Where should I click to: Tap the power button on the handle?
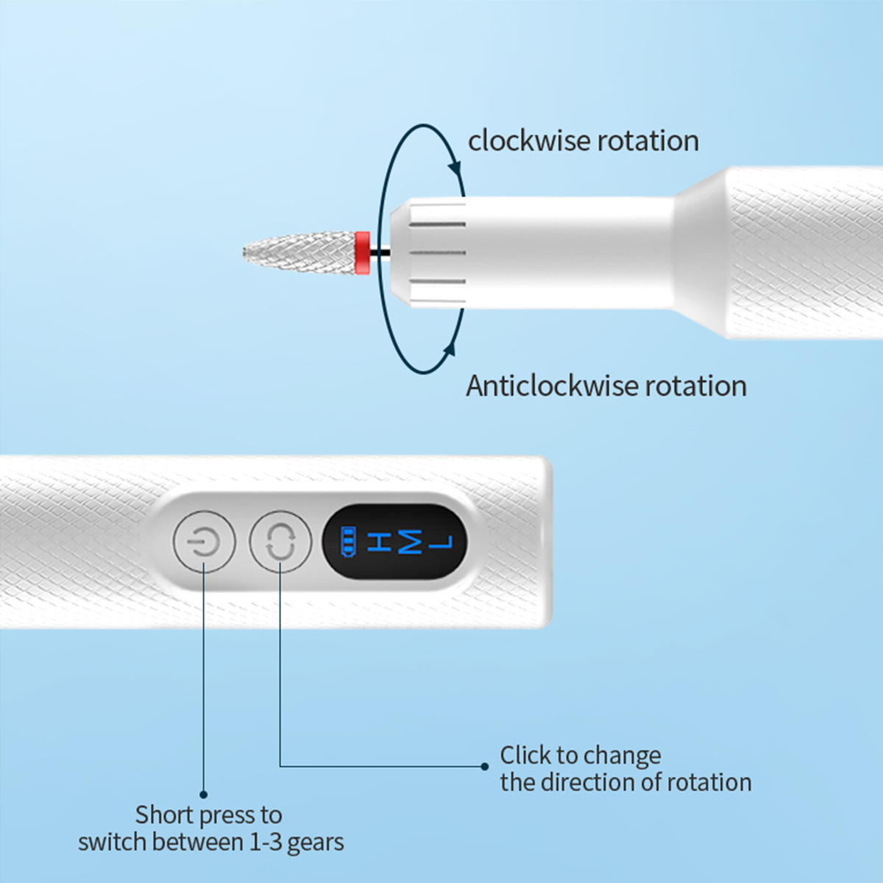[204, 542]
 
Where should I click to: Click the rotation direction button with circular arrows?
[280, 542]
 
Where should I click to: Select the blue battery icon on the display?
[347, 542]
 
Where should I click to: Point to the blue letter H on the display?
[379, 542]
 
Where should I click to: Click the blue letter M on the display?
[410, 542]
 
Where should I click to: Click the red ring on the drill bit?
[362, 252]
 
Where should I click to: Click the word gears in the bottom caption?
[316, 843]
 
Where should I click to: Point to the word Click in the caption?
[525, 756]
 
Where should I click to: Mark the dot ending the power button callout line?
[204, 795]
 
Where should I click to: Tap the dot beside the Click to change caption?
[484, 766]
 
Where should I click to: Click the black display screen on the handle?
[394, 542]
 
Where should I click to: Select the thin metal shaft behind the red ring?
[380, 252]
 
